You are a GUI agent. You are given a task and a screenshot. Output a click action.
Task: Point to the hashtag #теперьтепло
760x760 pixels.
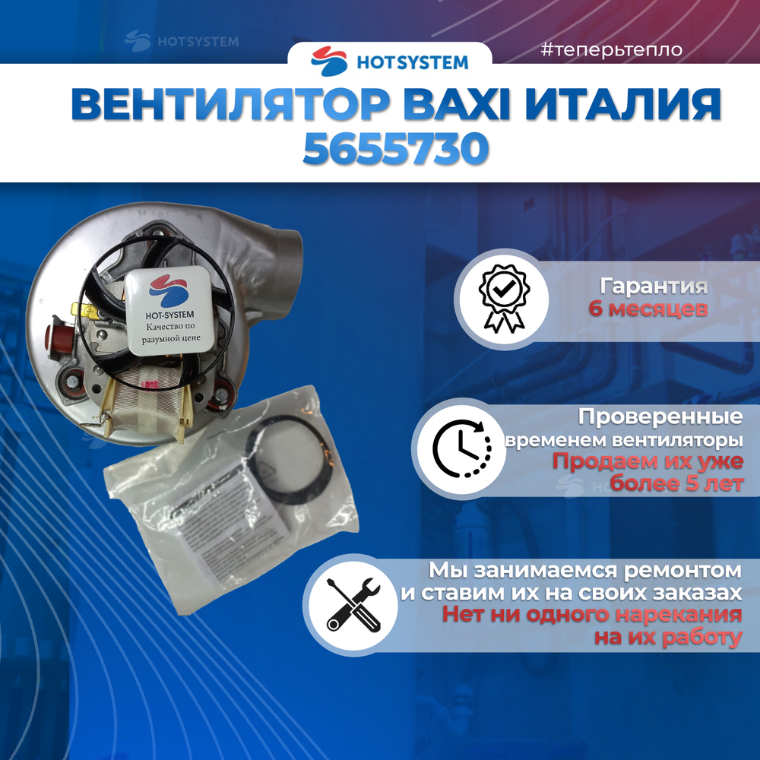pos(612,51)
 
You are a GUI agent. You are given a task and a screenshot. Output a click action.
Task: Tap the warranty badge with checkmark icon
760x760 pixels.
pos(502,298)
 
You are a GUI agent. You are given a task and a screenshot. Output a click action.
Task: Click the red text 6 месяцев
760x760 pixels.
pos(648,309)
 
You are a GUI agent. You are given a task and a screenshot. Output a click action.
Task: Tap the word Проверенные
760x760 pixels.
pos(660,417)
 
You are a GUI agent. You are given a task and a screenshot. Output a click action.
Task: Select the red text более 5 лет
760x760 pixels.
pos(676,484)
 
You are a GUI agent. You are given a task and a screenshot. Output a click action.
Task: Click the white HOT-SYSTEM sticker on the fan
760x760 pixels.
pos(165,311)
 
